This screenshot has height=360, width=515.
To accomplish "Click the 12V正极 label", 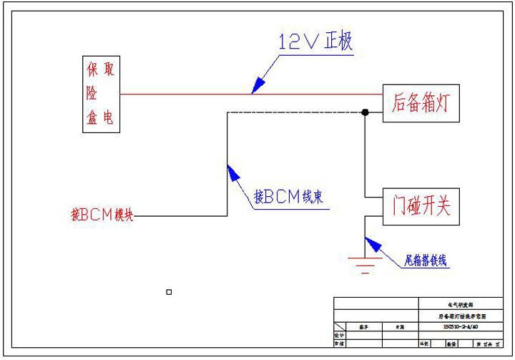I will pos(315,42).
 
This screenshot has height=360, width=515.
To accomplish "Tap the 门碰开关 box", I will pos(420,208).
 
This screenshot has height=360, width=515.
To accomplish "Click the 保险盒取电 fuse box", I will pos(100,94).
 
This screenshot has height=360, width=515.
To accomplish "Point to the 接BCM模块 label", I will pos(102,215).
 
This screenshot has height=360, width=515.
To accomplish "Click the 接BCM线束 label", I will pos(288,196).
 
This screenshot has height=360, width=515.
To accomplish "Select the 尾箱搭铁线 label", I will pos(426,261).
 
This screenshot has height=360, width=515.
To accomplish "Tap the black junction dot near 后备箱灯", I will pos(365,112).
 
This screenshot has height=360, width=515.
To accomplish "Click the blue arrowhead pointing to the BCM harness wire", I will pos(231,171).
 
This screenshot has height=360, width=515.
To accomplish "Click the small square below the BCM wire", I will pos(169,292).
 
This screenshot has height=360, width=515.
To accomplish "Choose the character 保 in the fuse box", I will pos(92,69).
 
